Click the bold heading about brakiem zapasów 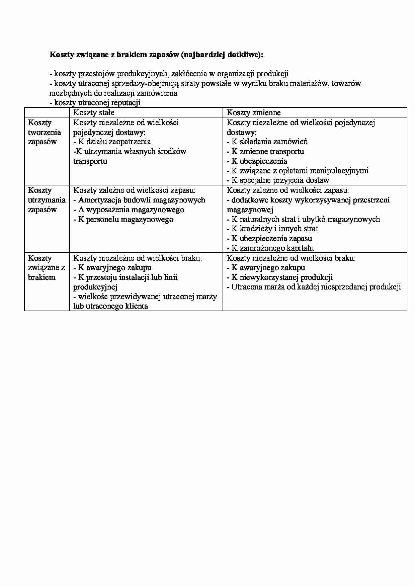tap(156, 55)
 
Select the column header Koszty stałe tap(94, 112)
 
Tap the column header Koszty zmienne tap(254, 112)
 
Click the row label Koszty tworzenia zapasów tap(45, 132)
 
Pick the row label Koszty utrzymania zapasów tap(47, 200)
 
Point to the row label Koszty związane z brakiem tap(46, 267)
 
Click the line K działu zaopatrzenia tap(112, 142)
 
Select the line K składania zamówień tap(267, 142)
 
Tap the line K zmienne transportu tap(265, 151)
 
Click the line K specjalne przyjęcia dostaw tap(278, 180)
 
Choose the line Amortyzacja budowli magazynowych tap(139, 200)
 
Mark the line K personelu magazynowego tap(123, 219)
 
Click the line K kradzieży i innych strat tap(272, 229)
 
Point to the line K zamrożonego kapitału tap(270, 248)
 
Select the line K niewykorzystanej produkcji tap(280, 277)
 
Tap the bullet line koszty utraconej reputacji tap(95, 103)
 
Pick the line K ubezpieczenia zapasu tap(269, 238)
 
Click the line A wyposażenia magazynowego tap(129, 209)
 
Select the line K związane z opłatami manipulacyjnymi tap(298, 171)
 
